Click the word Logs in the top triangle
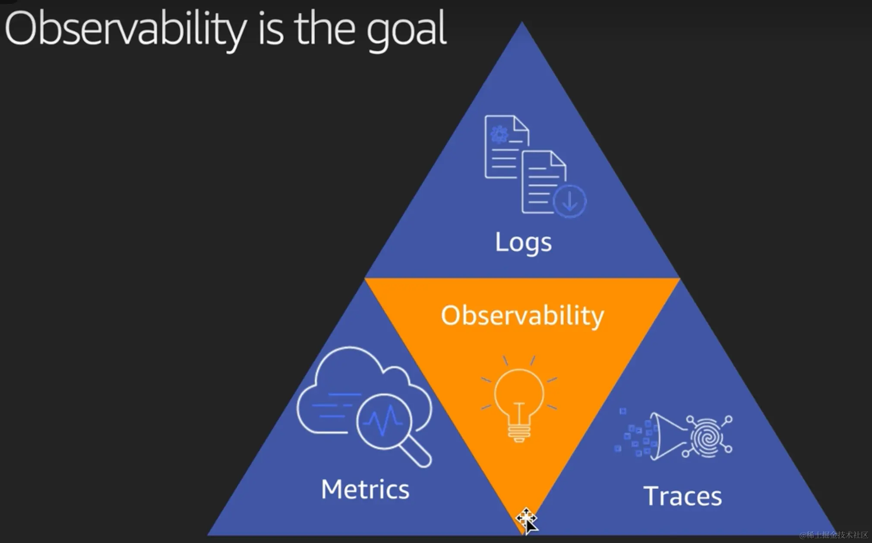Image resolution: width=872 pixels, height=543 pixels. (523, 242)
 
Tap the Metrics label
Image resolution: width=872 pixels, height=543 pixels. (365, 489)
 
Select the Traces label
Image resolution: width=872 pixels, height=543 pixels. (682, 496)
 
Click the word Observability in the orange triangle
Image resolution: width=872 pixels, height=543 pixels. (522, 315)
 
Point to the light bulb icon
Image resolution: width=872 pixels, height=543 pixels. (519, 400)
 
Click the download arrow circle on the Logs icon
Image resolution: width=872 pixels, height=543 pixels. (569, 201)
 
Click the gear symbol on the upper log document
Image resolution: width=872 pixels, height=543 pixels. (499, 134)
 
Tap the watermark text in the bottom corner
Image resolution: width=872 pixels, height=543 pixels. (834, 535)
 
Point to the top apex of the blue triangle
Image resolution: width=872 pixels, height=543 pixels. (522, 22)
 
